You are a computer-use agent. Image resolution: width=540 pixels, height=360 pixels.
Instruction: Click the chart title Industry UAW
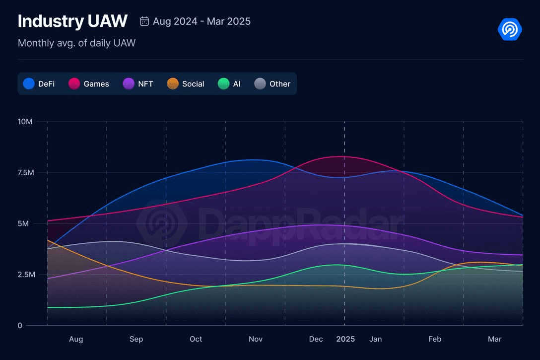[x=72, y=21]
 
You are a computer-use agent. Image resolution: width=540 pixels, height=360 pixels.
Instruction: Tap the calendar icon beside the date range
[x=144, y=21]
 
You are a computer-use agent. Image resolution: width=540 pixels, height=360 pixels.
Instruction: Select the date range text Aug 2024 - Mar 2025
[x=202, y=21]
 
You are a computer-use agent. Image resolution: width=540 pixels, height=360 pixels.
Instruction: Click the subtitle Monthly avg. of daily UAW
[x=76, y=43]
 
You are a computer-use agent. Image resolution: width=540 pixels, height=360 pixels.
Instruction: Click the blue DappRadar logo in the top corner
[x=510, y=29]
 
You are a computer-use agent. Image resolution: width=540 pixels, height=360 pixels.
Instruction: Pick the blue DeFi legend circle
[x=29, y=84]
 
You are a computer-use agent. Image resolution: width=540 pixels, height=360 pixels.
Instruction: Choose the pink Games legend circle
[x=74, y=84]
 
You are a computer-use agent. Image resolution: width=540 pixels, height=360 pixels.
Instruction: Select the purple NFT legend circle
[x=129, y=84]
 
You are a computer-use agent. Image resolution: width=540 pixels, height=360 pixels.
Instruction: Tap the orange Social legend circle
[x=173, y=84]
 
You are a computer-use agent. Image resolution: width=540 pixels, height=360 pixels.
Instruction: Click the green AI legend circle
[x=224, y=84]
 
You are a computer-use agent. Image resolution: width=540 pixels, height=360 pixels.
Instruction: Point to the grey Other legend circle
[x=260, y=84]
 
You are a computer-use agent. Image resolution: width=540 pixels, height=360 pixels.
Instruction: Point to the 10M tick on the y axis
[x=25, y=122]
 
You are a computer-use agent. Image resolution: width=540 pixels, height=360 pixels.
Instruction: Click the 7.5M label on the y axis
[x=25, y=173]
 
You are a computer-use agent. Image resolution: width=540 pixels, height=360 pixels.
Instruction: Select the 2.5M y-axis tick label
[x=25, y=275]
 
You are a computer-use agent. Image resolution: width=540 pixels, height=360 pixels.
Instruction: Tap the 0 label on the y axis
[x=20, y=326]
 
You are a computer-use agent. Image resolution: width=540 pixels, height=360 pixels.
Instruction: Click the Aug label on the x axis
[x=76, y=339]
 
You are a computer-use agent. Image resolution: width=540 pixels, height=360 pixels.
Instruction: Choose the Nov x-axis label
[x=256, y=339]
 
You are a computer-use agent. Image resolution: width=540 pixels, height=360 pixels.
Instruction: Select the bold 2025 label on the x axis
[x=345, y=339]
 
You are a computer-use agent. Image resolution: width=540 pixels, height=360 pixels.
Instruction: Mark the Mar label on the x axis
[x=494, y=339]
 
